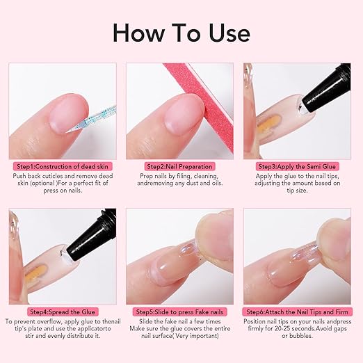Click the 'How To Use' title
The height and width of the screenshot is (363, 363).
tap(181, 33)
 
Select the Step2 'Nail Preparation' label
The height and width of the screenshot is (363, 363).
tap(181, 167)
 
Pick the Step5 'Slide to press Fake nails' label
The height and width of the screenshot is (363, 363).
tap(181, 312)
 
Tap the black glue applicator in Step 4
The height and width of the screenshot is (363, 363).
tap(87, 240)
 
